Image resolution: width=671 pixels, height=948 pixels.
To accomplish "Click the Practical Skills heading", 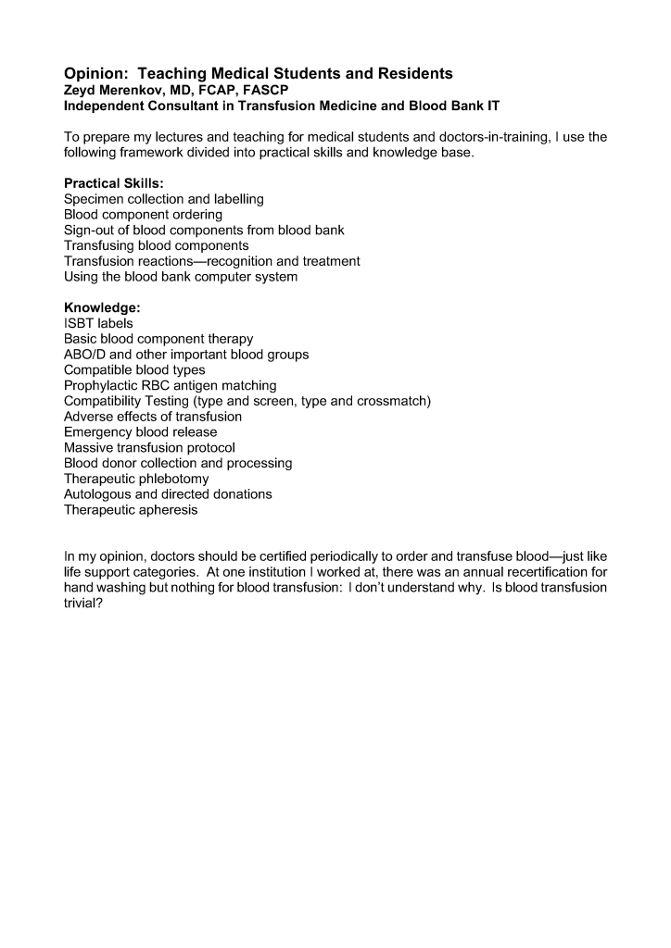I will (113, 184).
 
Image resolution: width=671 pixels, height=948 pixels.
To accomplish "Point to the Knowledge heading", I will (101, 307).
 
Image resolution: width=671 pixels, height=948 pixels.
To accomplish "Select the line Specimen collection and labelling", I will (163, 199).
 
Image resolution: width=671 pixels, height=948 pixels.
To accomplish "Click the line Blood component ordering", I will (143, 215).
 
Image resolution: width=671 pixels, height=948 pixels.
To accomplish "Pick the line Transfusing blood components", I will (156, 245).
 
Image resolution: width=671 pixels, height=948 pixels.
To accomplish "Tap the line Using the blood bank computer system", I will (181, 277).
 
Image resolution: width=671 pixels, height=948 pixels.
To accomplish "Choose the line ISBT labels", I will (98, 323).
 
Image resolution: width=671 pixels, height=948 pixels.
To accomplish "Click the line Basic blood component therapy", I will (158, 339).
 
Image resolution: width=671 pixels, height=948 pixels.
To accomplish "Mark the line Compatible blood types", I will (134, 370).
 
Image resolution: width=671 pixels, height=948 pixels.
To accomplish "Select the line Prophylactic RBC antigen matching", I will (170, 385).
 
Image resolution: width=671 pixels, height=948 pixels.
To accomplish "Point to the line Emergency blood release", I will (140, 432).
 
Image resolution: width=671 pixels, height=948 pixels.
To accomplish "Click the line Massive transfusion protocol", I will (149, 448).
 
